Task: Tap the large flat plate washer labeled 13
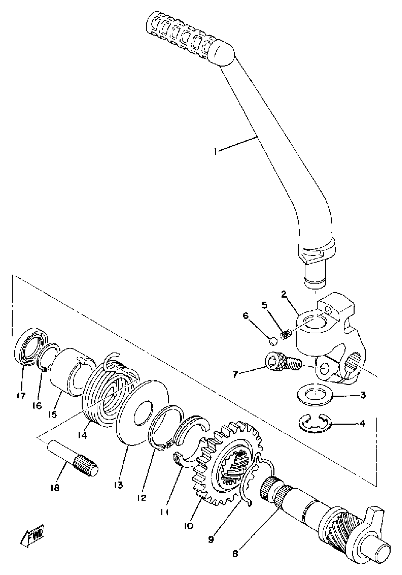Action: point(143,413)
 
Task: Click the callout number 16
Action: point(37,406)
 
